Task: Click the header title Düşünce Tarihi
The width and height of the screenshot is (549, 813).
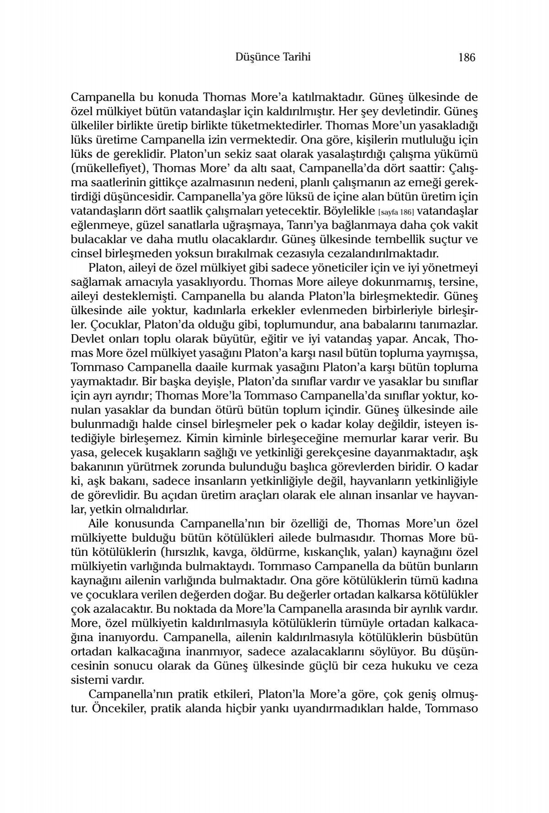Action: point(272,57)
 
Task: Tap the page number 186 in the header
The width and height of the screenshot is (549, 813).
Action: point(466,57)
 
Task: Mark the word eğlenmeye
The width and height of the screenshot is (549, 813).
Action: point(97,226)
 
